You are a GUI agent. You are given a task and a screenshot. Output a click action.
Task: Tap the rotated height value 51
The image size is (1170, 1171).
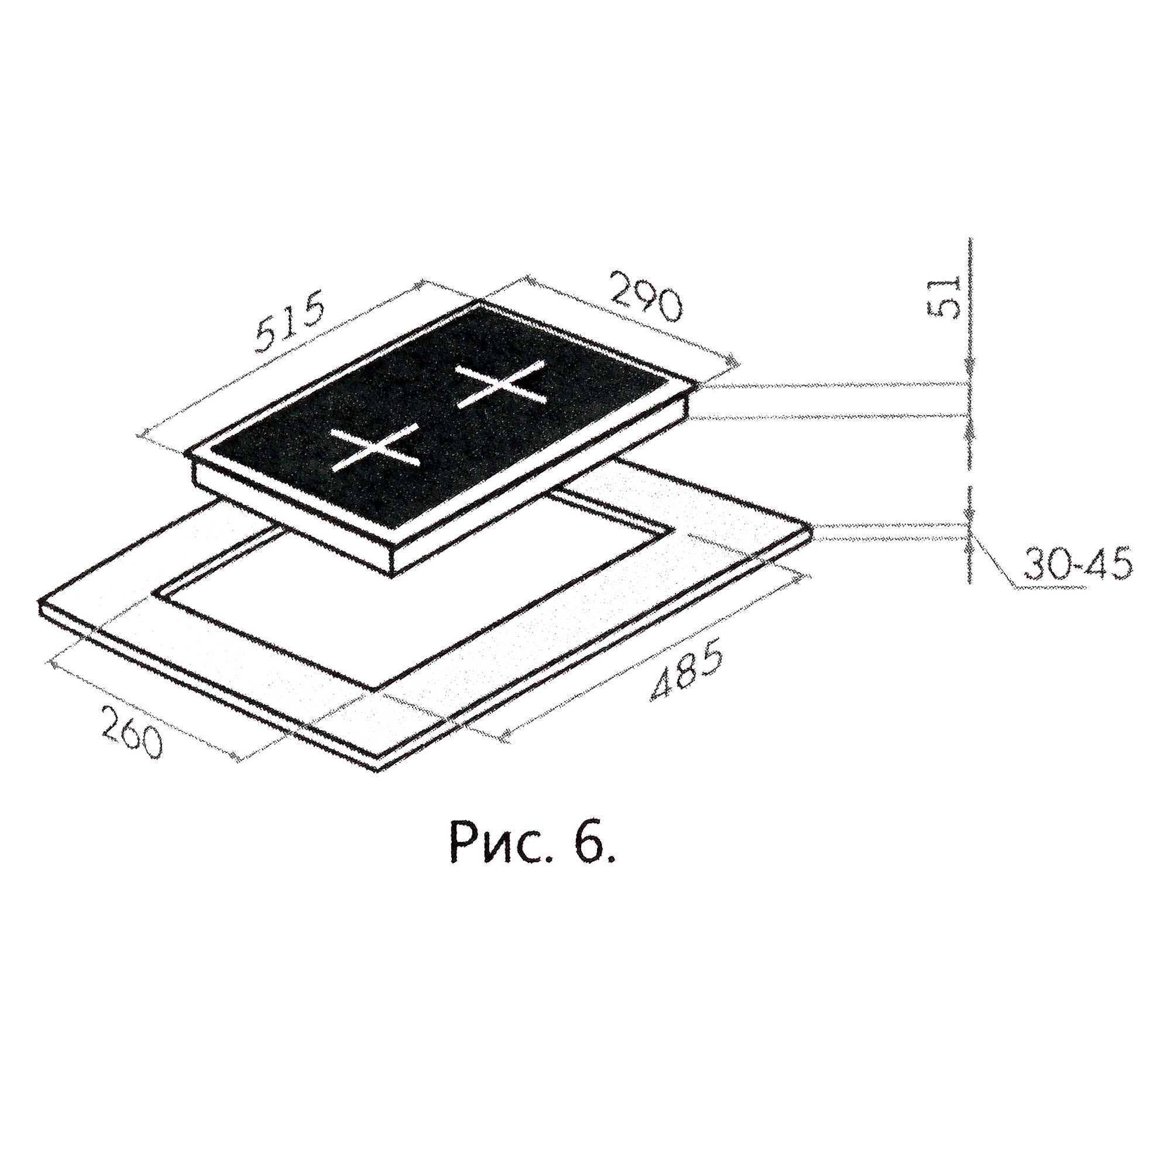(943, 298)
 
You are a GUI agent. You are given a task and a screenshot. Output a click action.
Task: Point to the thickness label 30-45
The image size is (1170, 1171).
(1077, 565)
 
